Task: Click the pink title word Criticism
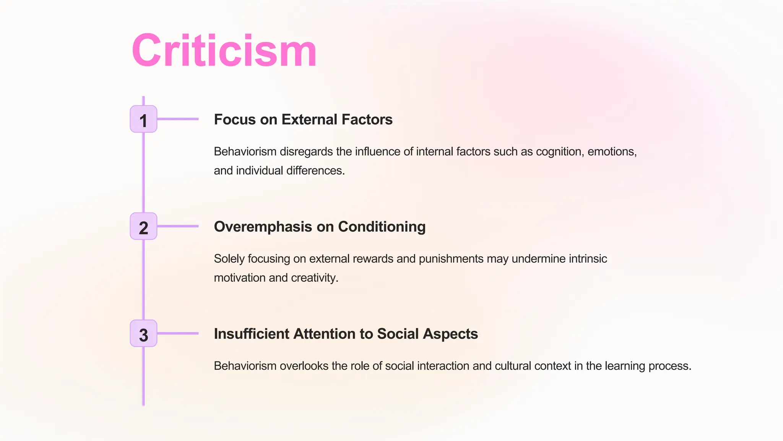tap(224, 51)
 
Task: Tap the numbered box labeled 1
tap(143, 119)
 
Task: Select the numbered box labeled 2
tap(143, 227)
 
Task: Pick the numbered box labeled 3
tap(143, 334)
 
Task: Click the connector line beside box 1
tap(178, 119)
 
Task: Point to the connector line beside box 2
tap(178, 226)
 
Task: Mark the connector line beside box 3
tap(178, 333)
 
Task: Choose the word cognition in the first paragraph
tap(560, 152)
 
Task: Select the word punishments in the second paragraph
tap(451, 259)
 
